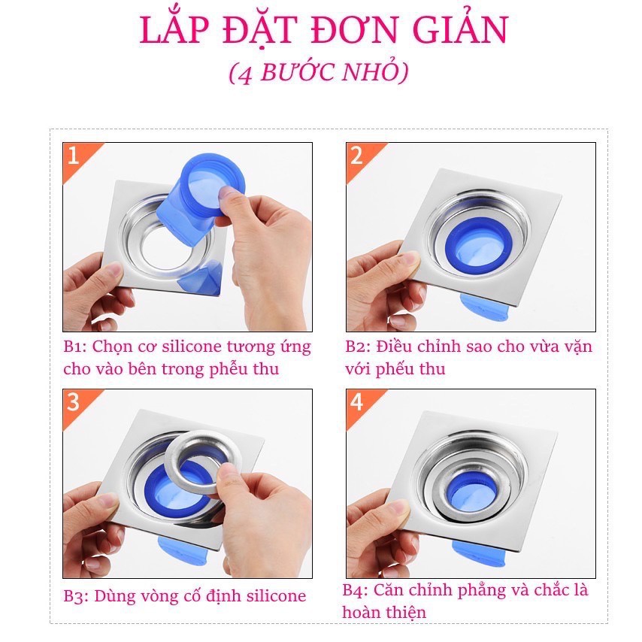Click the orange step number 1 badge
(73, 156)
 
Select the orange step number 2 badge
(356, 156)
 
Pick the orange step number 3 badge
(73, 402)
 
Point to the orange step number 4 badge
(356, 402)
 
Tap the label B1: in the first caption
(77, 347)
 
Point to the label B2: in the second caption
(359, 347)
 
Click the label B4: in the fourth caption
(356, 590)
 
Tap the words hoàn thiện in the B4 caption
(384, 613)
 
